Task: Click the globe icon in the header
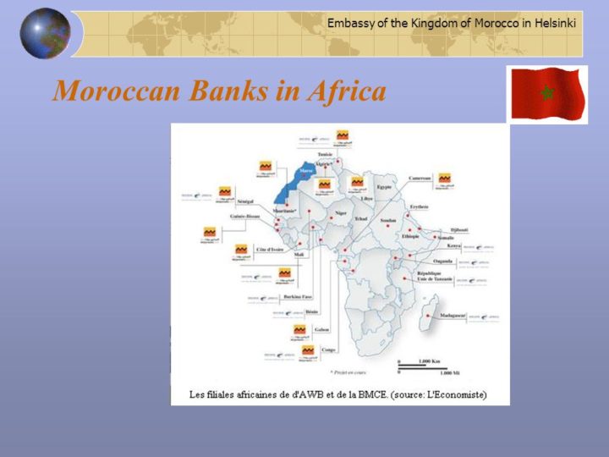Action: click(x=45, y=34)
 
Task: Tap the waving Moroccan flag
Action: click(x=546, y=93)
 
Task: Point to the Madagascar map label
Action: click(x=451, y=315)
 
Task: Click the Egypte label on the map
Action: click(x=384, y=186)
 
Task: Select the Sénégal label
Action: click(x=245, y=202)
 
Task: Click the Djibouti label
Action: click(x=459, y=229)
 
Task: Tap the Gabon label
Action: click(x=321, y=329)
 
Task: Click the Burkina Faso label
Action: click(x=298, y=297)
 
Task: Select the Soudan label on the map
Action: click(x=388, y=220)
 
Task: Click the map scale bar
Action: click(x=416, y=366)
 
